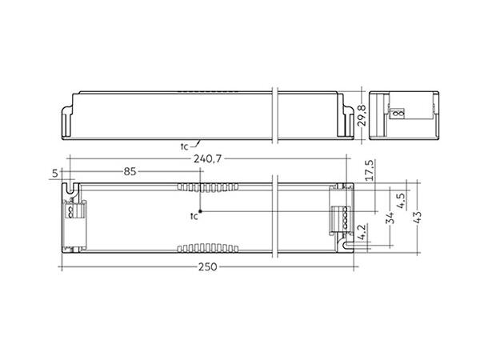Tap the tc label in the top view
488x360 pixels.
[193, 217]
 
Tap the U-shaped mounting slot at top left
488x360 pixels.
[70, 190]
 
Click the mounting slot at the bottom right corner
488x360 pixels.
[347, 246]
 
